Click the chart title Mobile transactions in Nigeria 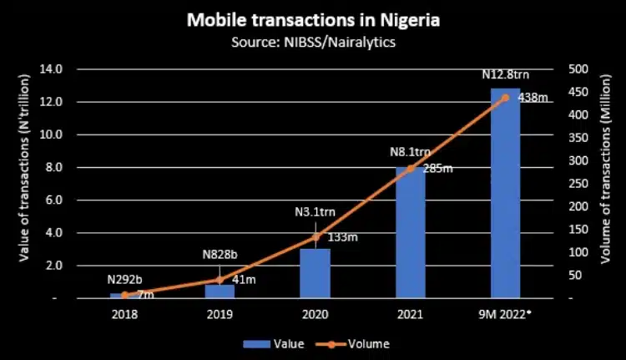(313, 18)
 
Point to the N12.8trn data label (505, 75)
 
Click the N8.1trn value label (410, 153)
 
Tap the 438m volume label (532, 98)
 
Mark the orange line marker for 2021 (410, 169)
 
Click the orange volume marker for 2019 (220, 280)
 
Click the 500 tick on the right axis (576, 68)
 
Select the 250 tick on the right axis (576, 184)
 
